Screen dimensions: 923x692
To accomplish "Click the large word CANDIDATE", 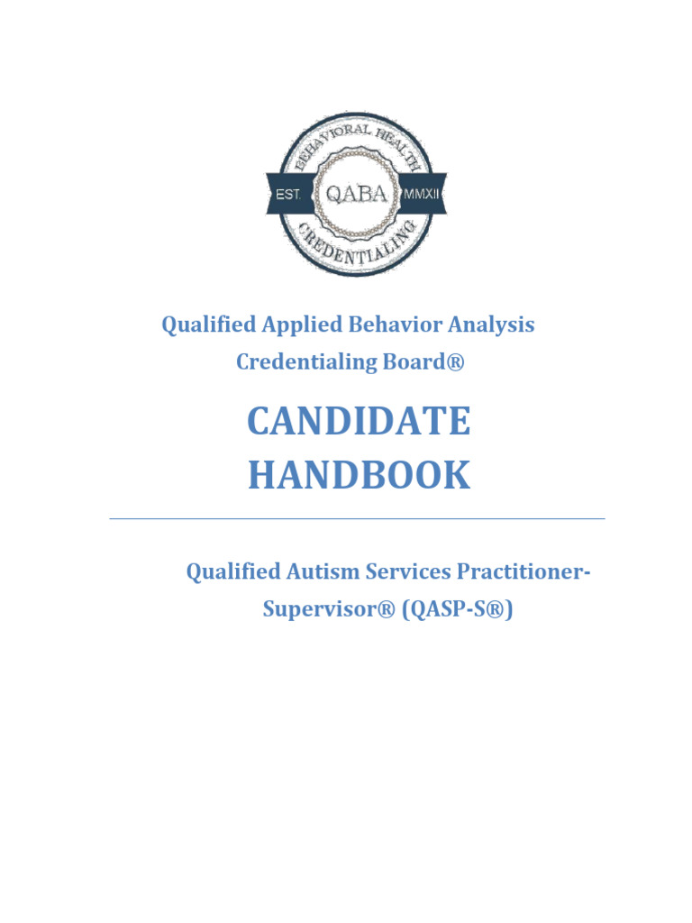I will tap(359, 422).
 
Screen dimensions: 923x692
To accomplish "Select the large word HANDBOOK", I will tap(359, 476).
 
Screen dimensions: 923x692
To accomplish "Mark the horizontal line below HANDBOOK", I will tap(357, 519).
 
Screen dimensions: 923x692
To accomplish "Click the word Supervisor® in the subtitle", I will tap(329, 609).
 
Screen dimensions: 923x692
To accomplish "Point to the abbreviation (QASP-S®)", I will tap(458, 609).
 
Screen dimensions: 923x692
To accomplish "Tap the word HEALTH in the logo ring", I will tap(410, 149).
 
